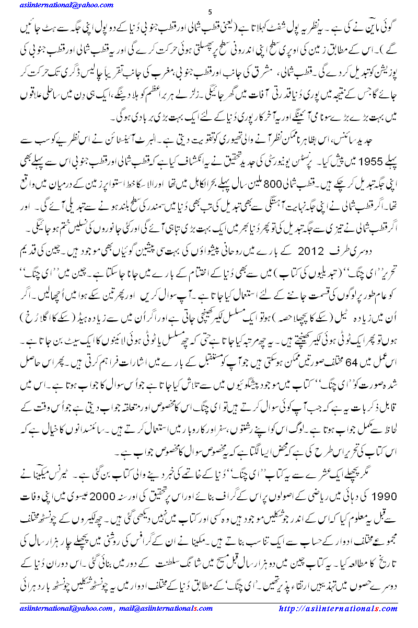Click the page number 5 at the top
(210, 12)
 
